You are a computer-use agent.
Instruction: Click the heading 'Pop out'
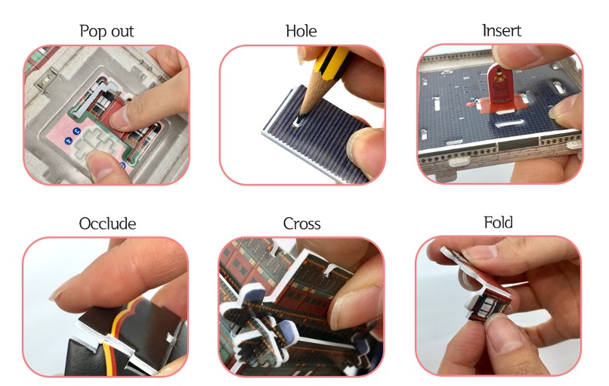point(107,31)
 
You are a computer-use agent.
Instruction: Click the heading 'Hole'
point(301,31)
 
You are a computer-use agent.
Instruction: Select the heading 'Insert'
point(502,30)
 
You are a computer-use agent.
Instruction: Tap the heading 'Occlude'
point(107,223)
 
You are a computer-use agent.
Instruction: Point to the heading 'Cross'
point(301,223)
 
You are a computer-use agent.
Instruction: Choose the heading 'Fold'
point(498,223)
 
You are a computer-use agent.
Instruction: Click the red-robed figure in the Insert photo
point(498,86)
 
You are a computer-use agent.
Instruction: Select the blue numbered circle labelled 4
point(69,141)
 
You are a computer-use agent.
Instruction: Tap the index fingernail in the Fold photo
point(478,252)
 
